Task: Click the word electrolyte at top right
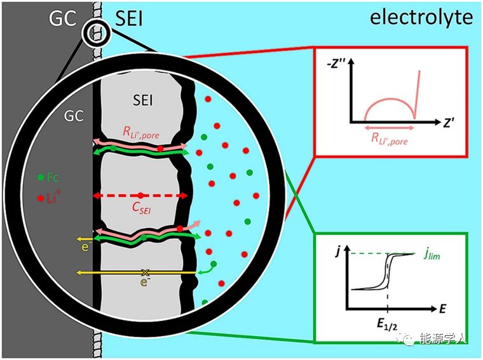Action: pyautogui.click(x=421, y=17)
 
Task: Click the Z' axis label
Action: pyautogui.click(x=449, y=123)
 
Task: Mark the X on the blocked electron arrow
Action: pyautogui.click(x=146, y=272)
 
